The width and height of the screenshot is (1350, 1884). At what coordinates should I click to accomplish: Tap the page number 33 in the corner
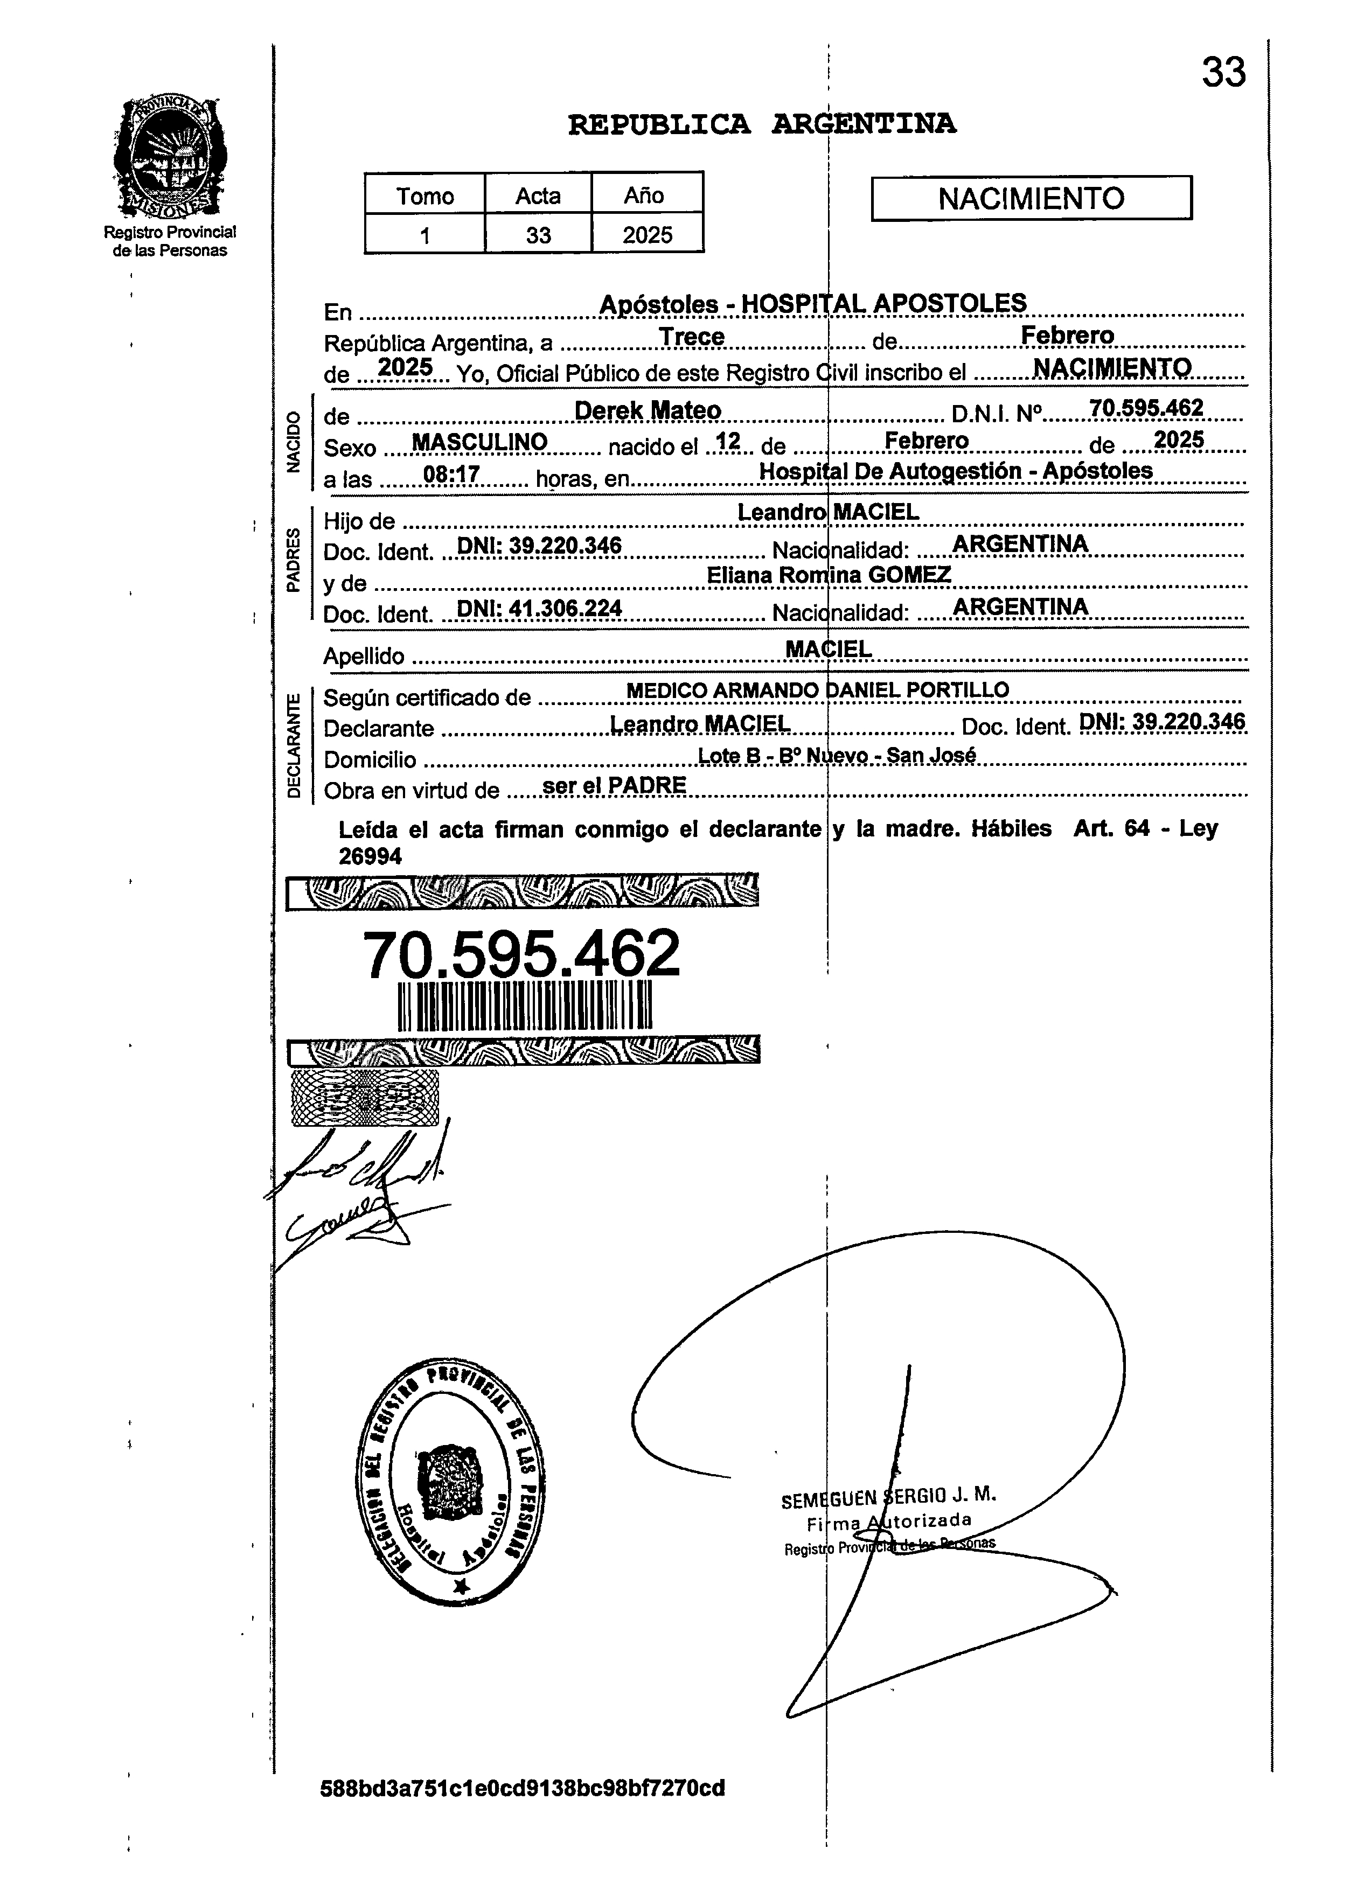point(1223,73)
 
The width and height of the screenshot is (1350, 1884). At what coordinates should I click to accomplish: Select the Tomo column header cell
point(425,196)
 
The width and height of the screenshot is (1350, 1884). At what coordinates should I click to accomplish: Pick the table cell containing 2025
point(647,235)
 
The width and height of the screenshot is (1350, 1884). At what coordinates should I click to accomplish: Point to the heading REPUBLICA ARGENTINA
point(762,124)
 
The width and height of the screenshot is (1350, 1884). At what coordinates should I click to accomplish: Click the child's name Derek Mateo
point(648,410)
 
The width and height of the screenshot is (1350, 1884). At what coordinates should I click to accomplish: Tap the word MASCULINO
point(479,442)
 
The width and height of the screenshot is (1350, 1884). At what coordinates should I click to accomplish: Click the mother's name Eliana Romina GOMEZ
point(829,575)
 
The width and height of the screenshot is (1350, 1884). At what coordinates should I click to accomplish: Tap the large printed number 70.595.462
point(521,954)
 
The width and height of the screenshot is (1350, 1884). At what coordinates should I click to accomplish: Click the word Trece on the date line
point(691,337)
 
